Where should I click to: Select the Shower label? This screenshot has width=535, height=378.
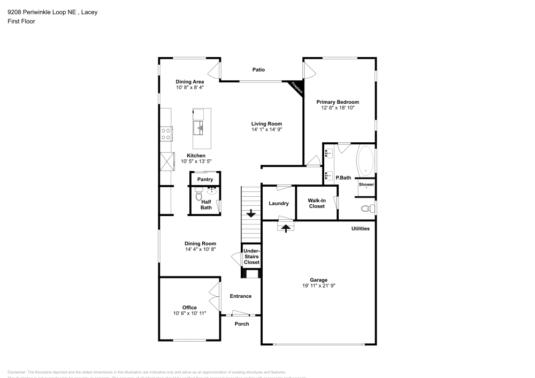click(366, 184)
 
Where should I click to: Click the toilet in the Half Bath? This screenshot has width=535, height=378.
click(199, 195)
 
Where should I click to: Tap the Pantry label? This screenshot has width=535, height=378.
click(205, 180)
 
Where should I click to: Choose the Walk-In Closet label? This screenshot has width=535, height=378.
click(317, 203)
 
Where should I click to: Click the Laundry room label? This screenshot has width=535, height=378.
click(279, 203)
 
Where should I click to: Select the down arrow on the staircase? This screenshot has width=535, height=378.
click(250, 214)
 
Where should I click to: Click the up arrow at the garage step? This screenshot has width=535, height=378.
click(286, 228)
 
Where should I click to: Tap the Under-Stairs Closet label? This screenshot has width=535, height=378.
click(251, 257)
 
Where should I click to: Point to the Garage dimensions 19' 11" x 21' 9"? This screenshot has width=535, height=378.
click(318, 286)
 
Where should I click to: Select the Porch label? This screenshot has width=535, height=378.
click(242, 323)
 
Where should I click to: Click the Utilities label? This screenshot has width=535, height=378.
click(360, 228)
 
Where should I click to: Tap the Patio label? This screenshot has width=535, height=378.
click(258, 70)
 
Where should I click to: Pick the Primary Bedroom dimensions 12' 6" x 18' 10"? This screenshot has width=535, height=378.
click(337, 108)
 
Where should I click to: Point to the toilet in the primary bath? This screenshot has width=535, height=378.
click(368, 208)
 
